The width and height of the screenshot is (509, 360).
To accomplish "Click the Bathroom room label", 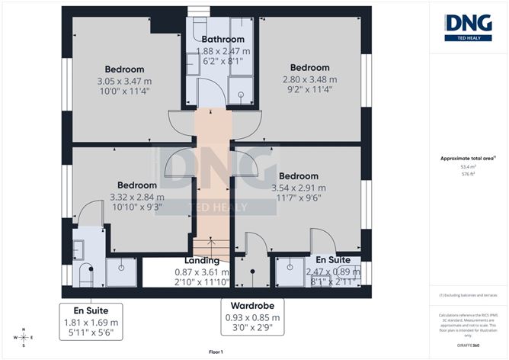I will point(222,40).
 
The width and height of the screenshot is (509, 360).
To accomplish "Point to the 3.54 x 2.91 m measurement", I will point(299,188).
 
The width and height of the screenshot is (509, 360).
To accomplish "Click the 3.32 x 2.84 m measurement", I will point(137,196).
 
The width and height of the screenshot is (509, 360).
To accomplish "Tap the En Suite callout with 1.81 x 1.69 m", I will point(91,310).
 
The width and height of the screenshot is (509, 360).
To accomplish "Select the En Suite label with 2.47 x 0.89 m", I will point(333,259).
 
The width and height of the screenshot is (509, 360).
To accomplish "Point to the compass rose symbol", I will point(24,337).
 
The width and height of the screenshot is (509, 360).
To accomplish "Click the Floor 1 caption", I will point(217,352).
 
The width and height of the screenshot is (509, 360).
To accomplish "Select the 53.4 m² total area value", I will point(468,167).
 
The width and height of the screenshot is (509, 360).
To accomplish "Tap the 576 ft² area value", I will point(468,174).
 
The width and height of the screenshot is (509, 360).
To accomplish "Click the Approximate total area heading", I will point(468,158).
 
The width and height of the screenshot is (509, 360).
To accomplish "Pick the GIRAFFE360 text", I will point(468,346).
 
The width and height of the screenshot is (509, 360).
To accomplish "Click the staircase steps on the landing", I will point(209,248).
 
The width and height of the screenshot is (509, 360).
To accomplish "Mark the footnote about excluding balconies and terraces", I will point(468,295).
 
